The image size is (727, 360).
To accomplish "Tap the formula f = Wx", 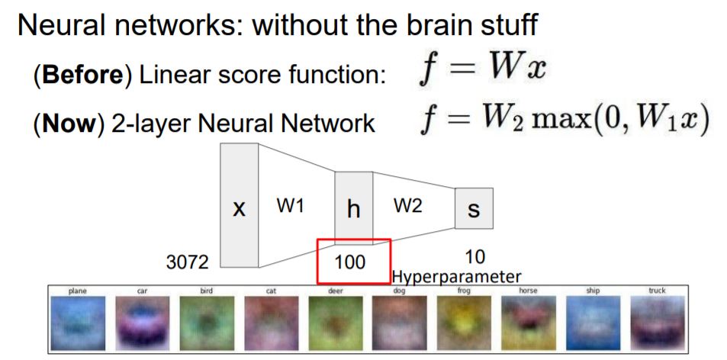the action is (482, 72).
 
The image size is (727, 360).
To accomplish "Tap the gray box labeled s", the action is (473, 208).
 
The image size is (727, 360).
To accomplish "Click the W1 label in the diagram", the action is (290, 207).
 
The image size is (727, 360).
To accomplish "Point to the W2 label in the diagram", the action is (407, 207).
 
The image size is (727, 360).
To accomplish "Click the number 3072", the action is (188, 262).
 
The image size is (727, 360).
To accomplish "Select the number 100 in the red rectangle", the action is (350, 262).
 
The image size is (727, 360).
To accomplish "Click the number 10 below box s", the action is (474, 257).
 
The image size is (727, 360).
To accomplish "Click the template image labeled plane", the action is (78, 323).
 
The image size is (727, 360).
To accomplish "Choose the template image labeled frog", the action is (464, 323).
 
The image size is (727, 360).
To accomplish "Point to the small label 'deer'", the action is (335, 291).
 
